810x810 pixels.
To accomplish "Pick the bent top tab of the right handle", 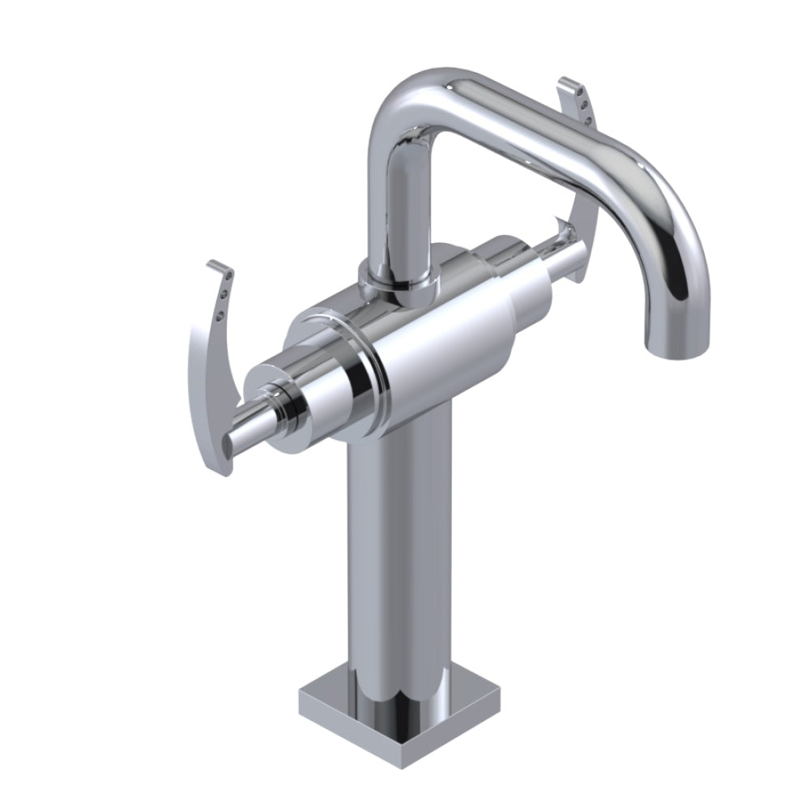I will (x=569, y=83).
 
